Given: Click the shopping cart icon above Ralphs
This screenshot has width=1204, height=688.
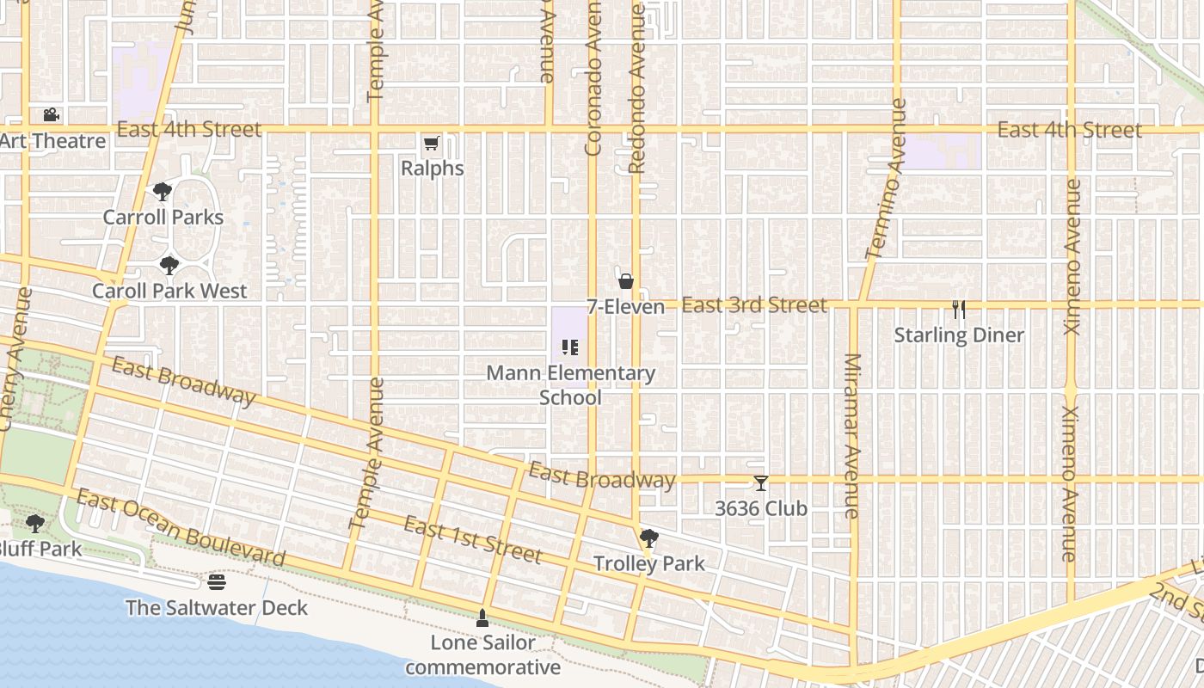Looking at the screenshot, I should pyautogui.click(x=431, y=143).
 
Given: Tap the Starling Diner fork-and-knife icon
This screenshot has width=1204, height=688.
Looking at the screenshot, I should pyautogui.click(x=959, y=310).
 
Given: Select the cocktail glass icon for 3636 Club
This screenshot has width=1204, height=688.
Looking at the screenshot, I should pyautogui.click(x=761, y=483).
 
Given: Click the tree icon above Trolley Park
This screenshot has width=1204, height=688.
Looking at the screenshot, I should pyautogui.click(x=649, y=538).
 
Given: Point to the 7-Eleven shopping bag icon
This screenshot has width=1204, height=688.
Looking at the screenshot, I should pyautogui.click(x=626, y=281).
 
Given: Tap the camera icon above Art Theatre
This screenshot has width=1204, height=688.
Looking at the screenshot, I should pyautogui.click(x=52, y=114).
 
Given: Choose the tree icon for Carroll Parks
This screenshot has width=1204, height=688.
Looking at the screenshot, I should pyautogui.click(x=163, y=192).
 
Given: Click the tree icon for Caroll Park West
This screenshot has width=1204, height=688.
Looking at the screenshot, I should pyautogui.click(x=169, y=265).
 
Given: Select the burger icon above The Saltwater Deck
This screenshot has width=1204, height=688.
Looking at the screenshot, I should pyautogui.click(x=216, y=582).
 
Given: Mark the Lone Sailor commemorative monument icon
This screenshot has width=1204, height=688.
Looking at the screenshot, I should pyautogui.click(x=482, y=617).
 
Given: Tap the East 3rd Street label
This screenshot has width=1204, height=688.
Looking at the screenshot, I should pyautogui.click(x=754, y=305).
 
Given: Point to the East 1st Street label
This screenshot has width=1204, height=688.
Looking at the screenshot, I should pyautogui.click(x=473, y=540).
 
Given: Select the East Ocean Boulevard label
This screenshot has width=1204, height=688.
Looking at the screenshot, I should pyautogui.click(x=181, y=528).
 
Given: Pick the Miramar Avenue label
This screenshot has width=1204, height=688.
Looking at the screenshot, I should pyautogui.click(x=852, y=435).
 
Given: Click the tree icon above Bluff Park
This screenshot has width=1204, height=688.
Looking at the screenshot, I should pyautogui.click(x=35, y=523).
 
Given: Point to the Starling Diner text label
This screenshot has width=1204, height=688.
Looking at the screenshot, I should pyautogui.click(x=959, y=335).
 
